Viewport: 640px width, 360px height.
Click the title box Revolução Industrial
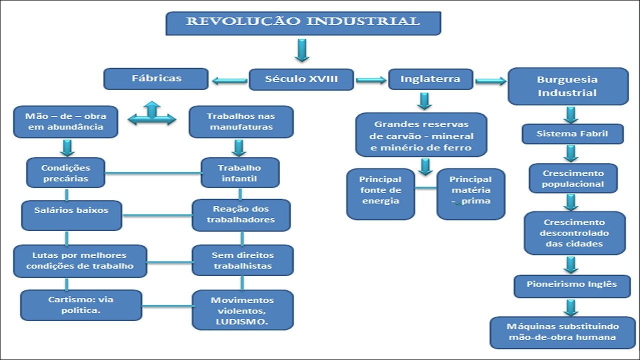[303, 23]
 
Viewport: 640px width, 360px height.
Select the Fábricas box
[156, 79]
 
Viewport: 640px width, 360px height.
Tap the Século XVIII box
[301, 79]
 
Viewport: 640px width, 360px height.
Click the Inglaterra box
[430, 79]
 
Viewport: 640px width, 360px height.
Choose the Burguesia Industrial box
[567, 86]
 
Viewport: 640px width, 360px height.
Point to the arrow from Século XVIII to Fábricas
[229, 80]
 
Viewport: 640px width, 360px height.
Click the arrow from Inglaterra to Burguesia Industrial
[490, 80]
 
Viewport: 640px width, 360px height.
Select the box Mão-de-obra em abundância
[65, 121]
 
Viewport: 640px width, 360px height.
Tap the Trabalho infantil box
[239, 172]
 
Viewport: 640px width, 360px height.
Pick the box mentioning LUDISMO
[242, 310]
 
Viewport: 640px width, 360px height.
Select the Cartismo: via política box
[74, 305]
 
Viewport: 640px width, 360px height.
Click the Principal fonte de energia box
[380, 193]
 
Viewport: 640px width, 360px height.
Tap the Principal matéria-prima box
[470, 193]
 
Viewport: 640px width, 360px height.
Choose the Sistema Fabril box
[572, 134]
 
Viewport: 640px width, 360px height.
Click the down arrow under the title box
[302, 50]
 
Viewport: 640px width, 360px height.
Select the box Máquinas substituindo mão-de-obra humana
[562, 332]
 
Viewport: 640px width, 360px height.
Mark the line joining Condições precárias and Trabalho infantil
[152, 173]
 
